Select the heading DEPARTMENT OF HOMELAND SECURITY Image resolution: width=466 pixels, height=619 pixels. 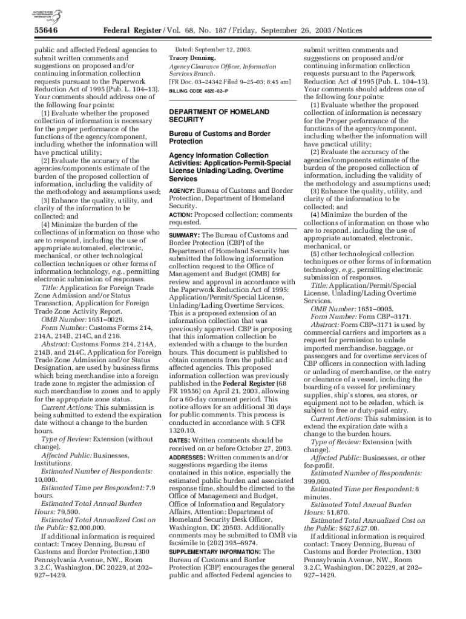pos(210,116)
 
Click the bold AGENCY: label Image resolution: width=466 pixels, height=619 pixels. pos(182,190)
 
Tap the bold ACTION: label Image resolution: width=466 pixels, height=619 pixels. pos(181,215)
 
